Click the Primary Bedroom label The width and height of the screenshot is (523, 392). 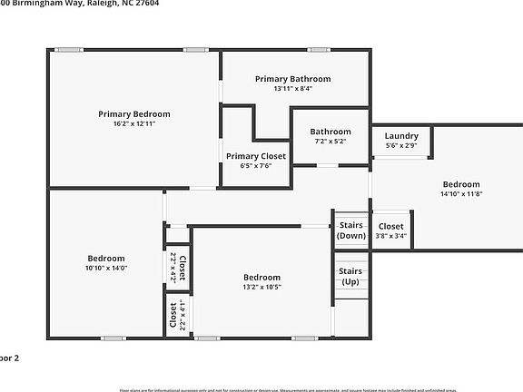click(133, 114)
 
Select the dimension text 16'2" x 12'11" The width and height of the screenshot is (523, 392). click(133, 123)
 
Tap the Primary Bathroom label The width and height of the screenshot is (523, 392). click(292, 79)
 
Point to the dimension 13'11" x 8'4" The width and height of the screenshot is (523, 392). click(292, 89)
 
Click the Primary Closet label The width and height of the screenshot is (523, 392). click(255, 156)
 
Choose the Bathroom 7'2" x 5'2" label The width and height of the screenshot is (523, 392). click(330, 132)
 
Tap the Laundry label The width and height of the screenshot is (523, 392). click(400, 136)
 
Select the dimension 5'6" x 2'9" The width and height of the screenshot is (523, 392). click(400, 145)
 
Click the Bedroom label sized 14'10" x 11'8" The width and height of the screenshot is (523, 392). click(461, 183)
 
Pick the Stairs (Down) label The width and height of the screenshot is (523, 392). click(351, 230)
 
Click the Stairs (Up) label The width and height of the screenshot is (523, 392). click(351, 275)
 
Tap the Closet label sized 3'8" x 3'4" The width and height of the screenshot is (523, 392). click(390, 226)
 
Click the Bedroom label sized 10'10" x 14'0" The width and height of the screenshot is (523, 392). click(106, 259)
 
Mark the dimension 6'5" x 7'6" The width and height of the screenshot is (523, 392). click(255, 165)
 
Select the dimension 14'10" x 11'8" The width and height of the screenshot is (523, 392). click(461, 192)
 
